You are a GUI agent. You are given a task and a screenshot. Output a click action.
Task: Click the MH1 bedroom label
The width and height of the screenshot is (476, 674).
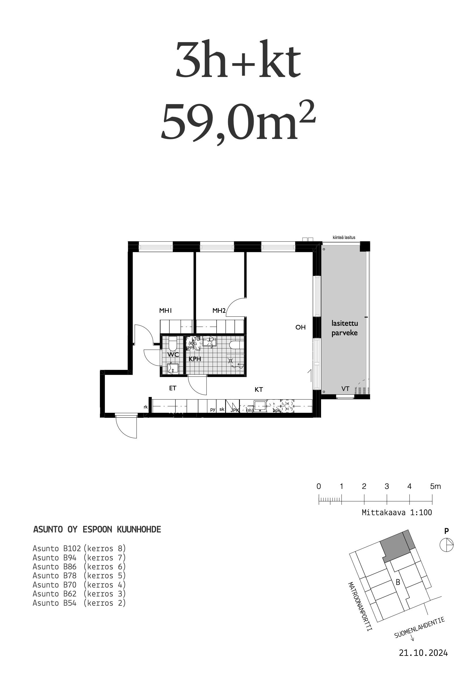[165, 310]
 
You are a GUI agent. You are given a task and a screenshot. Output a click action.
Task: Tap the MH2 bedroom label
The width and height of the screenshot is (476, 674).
[219, 310]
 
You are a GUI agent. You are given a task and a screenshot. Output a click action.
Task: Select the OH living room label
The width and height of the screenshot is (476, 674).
[300, 327]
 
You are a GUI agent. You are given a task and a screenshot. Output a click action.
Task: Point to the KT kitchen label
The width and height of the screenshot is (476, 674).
[258, 389]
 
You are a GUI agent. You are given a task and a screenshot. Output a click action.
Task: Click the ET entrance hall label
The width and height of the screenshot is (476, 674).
[172, 388]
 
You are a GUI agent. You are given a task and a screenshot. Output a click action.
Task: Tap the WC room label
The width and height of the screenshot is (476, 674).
[173, 355]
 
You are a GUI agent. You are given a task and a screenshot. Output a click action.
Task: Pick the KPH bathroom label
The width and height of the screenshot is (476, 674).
[195, 359]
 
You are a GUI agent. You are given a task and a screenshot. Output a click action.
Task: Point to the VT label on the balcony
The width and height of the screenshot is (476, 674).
[345, 389]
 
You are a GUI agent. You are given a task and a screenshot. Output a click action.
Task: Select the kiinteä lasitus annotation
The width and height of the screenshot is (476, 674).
[344, 237]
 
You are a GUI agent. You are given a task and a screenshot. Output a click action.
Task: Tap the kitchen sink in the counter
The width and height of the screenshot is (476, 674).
[259, 406]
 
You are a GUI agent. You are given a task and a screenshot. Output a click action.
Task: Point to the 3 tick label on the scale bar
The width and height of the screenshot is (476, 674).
[386, 486]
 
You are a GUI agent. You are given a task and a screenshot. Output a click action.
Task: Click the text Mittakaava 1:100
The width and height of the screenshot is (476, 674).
[397, 513]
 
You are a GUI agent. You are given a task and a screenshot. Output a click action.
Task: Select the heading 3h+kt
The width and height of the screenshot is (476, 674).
[238, 60]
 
